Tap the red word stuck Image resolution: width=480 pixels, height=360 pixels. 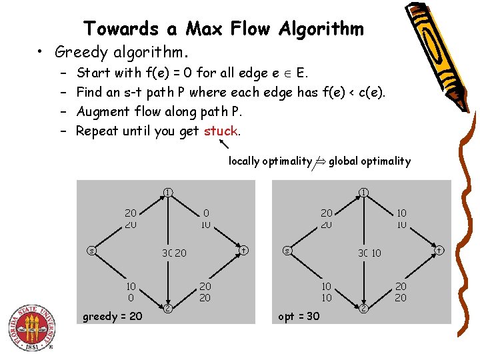[x=221, y=131]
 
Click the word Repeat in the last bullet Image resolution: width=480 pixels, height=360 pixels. [x=97, y=131]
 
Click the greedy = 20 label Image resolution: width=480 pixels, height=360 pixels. [x=112, y=315]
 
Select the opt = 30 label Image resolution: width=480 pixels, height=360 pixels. [x=299, y=315]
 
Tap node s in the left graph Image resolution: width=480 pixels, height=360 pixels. [x=91, y=251]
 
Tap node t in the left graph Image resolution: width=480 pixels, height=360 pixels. [x=244, y=250]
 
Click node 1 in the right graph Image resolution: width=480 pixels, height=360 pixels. [x=364, y=193]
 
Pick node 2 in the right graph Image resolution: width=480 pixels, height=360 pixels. [x=365, y=308]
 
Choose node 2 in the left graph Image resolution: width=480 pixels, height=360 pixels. [x=169, y=308]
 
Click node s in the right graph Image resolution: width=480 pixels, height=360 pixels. [x=286, y=251]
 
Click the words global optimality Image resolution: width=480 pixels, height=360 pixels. [x=369, y=161]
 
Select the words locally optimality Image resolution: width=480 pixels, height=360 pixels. [x=270, y=161]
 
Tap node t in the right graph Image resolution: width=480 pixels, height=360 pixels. [x=439, y=250]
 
